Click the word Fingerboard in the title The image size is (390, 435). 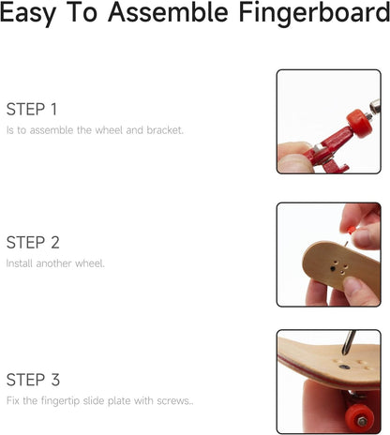(314, 13)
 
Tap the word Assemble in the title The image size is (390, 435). (168, 12)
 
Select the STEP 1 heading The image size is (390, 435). (32, 109)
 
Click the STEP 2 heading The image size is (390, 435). (33, 243)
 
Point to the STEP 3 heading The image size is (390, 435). (33, 380)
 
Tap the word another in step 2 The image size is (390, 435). (54, 263)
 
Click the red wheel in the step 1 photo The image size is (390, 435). (360, 123)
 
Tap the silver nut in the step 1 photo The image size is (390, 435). (375, 106)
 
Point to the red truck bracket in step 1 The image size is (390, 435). (328, 148)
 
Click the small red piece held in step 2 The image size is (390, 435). (352, 231)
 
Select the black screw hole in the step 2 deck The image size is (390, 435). (333, 268)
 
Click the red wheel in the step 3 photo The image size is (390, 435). (359, 418)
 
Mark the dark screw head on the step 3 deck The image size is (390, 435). (344, 367)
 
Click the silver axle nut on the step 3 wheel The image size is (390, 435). (363, 422)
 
